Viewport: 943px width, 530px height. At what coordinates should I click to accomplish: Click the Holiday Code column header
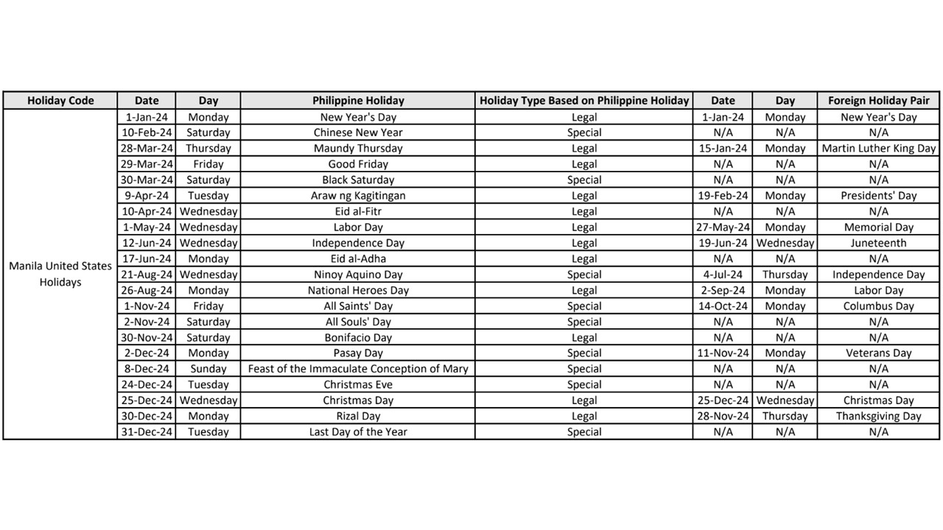point(60,101)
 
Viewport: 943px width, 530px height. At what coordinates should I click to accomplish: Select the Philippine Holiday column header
point(358,101)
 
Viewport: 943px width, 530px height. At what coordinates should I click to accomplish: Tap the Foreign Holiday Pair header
point(878,101)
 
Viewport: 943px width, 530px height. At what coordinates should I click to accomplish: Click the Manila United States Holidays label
point(60,274)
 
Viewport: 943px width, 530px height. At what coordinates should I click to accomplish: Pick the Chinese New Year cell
point(358,132)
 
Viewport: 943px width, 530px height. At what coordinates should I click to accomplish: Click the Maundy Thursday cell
point(358,149)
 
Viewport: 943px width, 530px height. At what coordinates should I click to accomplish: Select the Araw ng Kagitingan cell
point(358,196)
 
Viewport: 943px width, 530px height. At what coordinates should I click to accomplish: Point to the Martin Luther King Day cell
point(878,149)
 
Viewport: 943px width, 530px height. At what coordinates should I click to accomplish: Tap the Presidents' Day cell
point(878,196)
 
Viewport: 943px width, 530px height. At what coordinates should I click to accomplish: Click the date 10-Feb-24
point(147,132)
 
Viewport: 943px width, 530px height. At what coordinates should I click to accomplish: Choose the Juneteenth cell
point(878,243)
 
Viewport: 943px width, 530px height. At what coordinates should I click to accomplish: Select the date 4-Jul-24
point(723,275)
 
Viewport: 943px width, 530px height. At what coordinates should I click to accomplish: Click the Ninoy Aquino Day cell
point(358,275)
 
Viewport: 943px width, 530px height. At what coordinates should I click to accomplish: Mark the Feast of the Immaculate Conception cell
point(358,369)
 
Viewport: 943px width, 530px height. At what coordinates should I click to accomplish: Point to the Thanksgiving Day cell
point(878,416)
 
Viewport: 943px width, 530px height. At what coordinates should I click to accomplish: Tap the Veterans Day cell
point(878,353)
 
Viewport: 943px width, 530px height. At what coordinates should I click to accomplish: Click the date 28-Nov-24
point(723,416)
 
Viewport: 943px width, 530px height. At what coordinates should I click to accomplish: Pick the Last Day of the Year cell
point(358,432)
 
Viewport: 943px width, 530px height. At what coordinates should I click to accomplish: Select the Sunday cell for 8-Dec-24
point(208,369)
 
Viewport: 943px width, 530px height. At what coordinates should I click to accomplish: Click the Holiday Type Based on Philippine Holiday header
point(584,101)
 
